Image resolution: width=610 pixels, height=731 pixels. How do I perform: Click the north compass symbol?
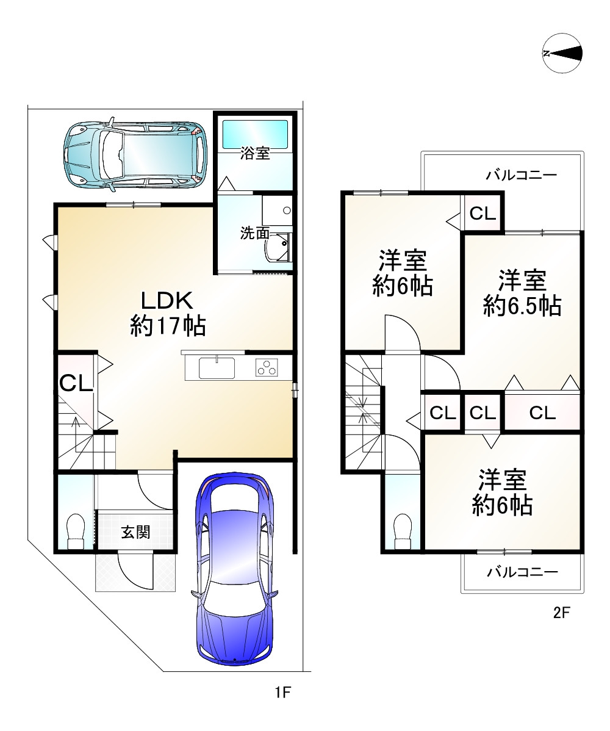coord(562,53)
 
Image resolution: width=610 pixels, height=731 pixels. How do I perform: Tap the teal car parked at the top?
coord(135,153)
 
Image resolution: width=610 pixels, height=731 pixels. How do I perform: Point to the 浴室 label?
coord(255,153)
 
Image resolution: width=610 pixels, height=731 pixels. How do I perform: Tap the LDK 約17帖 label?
coord(168,313)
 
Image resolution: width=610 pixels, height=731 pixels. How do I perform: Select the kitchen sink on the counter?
coord(217,368)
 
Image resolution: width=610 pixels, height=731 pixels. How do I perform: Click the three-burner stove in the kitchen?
coord(267,368)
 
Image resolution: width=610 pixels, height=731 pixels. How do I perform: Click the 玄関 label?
coord(135,532)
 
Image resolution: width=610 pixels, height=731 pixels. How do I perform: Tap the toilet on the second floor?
coord(403,531)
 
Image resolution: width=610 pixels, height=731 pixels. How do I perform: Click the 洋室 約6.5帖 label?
coord(522,293)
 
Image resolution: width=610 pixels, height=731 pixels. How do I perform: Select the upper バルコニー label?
coord(522,175)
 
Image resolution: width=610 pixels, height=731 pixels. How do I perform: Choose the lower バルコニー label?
coord(522,572)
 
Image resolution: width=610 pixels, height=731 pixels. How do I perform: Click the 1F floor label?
coord(282,693)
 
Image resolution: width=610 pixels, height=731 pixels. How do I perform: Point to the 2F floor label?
coord(562,612)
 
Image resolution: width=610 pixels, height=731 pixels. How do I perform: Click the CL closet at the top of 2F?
coord(483,213)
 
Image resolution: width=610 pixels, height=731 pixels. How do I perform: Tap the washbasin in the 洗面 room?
coord(279,247)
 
